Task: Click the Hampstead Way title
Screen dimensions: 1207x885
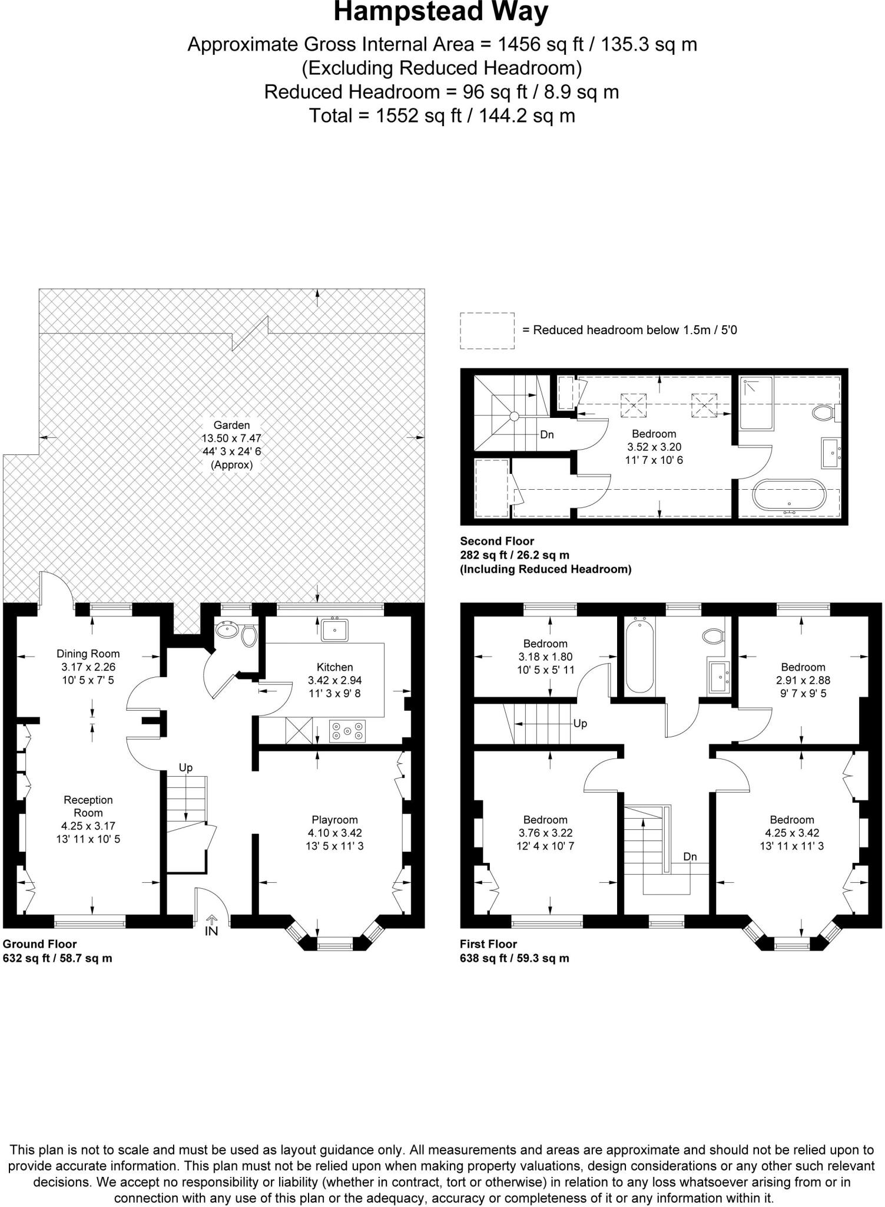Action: [x=441, y=12]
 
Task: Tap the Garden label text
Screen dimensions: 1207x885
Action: [x=231, y=425]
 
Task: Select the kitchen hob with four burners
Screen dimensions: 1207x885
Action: [x=347, y=731]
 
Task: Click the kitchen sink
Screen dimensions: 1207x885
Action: [x=334, y=629]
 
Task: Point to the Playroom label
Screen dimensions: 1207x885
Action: [x=334, y=820]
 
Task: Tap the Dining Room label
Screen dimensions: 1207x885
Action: [x=88, y=654]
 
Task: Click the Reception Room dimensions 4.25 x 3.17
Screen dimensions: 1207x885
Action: [x=88, y=826]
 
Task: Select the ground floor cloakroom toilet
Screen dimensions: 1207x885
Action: [x=249, y=636]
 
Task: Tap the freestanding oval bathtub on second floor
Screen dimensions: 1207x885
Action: [x=787, y=494]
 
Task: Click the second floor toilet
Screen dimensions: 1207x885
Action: [x=824, y=413]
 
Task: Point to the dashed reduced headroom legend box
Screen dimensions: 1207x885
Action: [x=486, y=330]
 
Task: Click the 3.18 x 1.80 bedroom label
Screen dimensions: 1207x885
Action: [x=545, y=657]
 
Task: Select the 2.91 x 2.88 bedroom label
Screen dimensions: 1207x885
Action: [x=803, y=680]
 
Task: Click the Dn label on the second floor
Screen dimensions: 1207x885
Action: [x=547, y=435]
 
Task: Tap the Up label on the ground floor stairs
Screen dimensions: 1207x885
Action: [x=185, y=767]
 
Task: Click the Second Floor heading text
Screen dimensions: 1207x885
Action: [x=496, y=540]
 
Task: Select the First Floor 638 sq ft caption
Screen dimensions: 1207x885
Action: [x=514, y=958]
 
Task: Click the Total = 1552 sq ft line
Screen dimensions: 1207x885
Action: [x=442, y=116]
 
